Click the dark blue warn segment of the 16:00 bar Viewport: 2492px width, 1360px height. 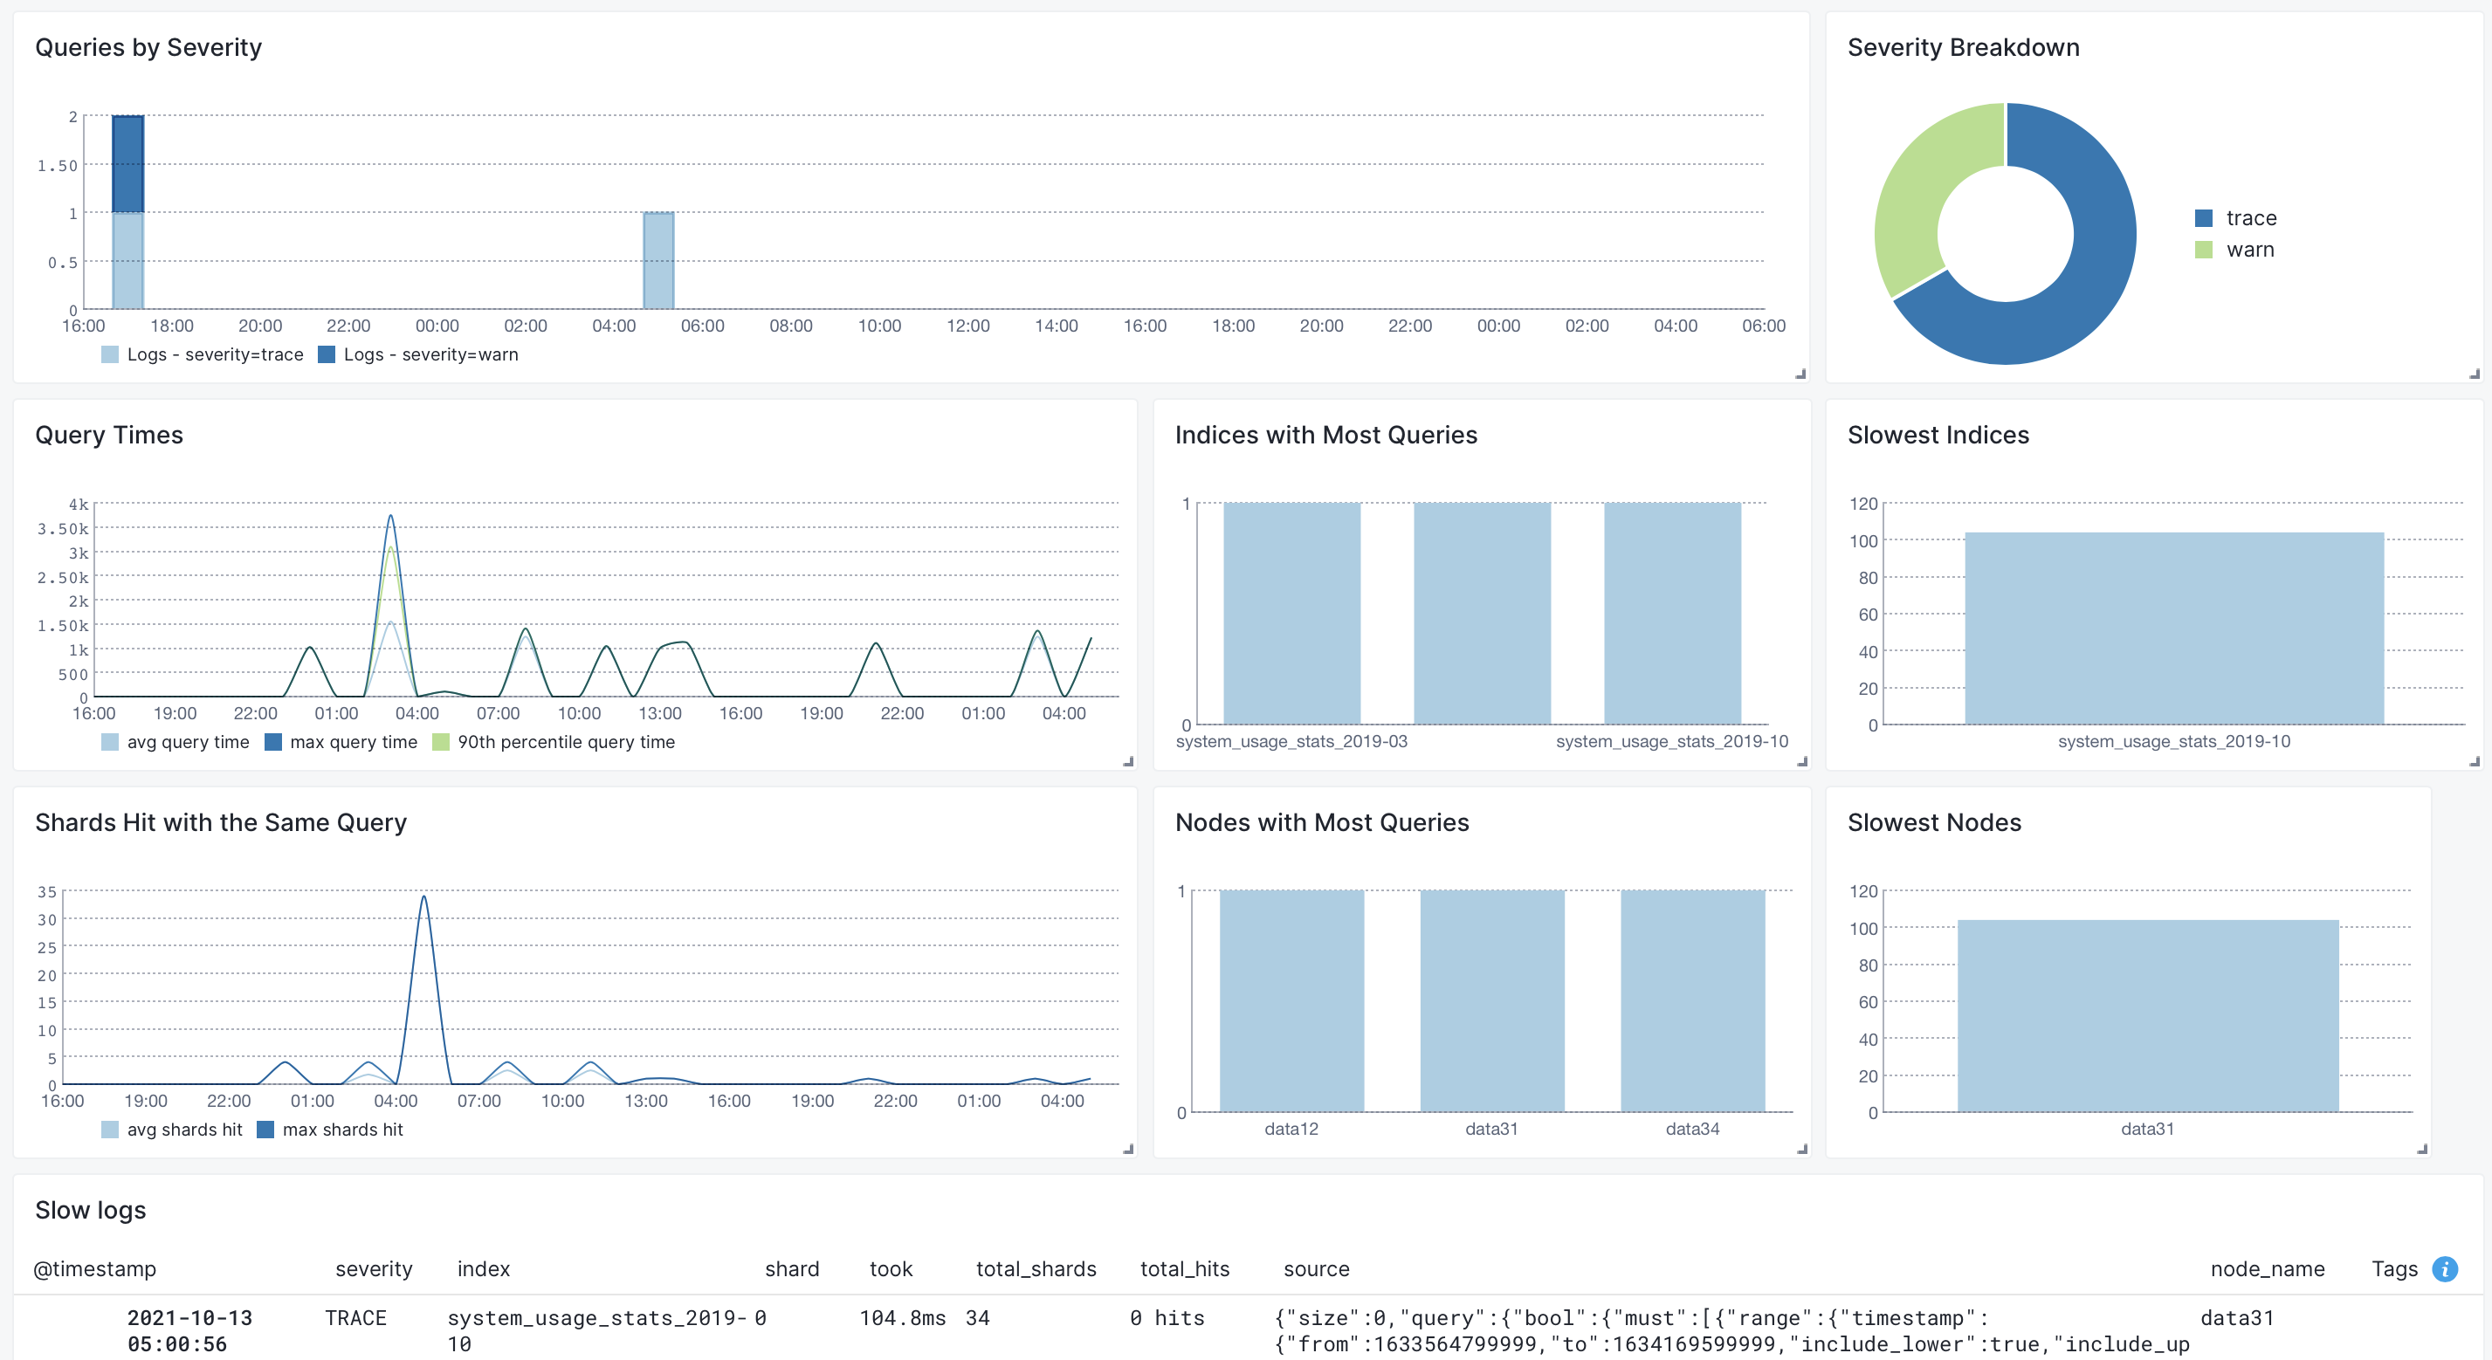coord(127,164)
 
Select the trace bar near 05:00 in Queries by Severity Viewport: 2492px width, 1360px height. coord(658,261)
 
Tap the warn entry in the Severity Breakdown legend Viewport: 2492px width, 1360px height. coord(2234,250)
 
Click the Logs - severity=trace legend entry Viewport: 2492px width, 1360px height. coord(203,355)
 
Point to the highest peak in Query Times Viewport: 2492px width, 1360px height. coord(391,516)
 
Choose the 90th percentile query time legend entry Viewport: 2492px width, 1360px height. coord(554,742)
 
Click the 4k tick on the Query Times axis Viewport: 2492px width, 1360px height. coord(79,504)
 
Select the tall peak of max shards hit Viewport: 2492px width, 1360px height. coord(423,897)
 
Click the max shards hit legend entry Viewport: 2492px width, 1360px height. coord(330,1130)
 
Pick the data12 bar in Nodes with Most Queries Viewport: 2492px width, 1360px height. coord(1291,1001)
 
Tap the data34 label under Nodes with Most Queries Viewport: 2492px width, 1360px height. coord(1692,1129)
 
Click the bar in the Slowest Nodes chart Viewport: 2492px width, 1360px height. coord(2148,1016)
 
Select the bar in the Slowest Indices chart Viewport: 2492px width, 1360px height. coord(2173,628)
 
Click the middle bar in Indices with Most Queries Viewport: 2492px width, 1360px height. coord(1482,614)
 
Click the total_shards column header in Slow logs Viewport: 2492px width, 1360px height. coord(1036,1269)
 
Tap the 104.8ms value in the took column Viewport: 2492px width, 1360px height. coord(903,1318)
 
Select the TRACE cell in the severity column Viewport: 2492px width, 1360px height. coord(356,1318)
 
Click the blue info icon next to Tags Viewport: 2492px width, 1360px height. coord(2445,1269)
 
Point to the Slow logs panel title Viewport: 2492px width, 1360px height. coord(91,1210)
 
